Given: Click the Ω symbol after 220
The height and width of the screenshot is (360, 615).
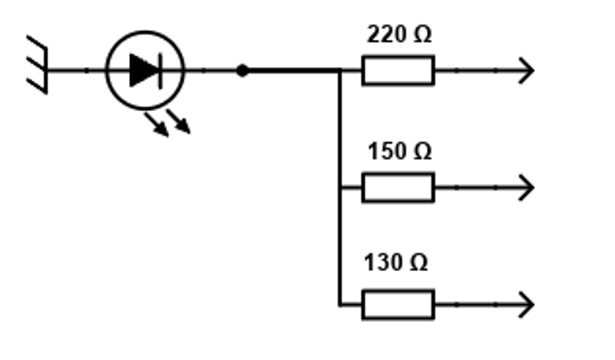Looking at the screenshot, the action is (x=422, y=35).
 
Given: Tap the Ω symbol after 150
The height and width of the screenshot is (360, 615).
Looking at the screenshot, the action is (x=422, y=151).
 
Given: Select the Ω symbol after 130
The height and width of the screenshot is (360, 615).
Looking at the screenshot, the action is (x=419, y=262).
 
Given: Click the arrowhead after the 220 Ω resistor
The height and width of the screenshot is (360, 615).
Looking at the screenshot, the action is (x=527, y=70).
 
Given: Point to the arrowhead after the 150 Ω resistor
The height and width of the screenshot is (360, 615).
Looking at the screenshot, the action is (x=527, y=187).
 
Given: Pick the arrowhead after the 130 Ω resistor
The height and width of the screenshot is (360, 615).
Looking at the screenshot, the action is (x=527, y=305).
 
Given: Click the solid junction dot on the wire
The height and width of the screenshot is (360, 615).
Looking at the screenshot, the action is (x=243, y=71).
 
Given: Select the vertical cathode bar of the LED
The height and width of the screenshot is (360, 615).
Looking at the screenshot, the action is (x=161, y=71).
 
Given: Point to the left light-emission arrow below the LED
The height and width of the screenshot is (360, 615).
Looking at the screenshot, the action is (x=156, y=125).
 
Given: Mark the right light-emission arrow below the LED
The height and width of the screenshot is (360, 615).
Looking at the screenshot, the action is (x=178, y=121).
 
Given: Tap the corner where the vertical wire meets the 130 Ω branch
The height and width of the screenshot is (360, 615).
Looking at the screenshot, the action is (x=340, y=305).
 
